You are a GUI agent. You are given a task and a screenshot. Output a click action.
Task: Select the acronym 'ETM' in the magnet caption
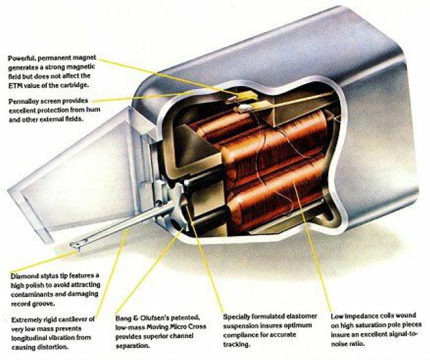pyautogui.click(x=14, y=85)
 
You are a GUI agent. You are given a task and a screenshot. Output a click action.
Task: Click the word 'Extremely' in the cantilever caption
pyautogui.click(x=25, y=320)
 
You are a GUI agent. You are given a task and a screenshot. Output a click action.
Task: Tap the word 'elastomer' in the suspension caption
pyautogui.click(x=302, y=316)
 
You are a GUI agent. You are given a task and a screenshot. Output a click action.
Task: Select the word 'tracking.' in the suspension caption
pyautogui.click(x=236, y=345)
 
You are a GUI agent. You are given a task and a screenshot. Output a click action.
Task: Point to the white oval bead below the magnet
pyautogui.click(x=244, y=108)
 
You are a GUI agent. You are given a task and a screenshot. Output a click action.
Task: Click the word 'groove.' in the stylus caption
pyautogui.click(x=44, y=304)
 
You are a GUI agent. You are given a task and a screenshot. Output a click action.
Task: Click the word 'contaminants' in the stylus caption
pyautogui.click(x=29, y=295)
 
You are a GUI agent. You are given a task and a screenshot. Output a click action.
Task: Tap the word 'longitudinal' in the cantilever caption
pyautogui.click(x=28, y=338)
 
